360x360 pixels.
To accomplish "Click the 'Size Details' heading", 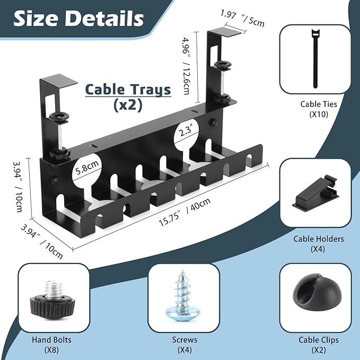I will point(78,19).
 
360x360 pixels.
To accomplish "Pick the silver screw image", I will point(184,297).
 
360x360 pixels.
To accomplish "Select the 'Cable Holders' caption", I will point(319,239).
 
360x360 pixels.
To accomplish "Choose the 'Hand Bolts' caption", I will point(51,340).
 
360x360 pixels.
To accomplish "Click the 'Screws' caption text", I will point(185,340).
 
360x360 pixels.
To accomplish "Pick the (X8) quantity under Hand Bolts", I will point(51,349).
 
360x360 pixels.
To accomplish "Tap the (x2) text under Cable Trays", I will point(129,104).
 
